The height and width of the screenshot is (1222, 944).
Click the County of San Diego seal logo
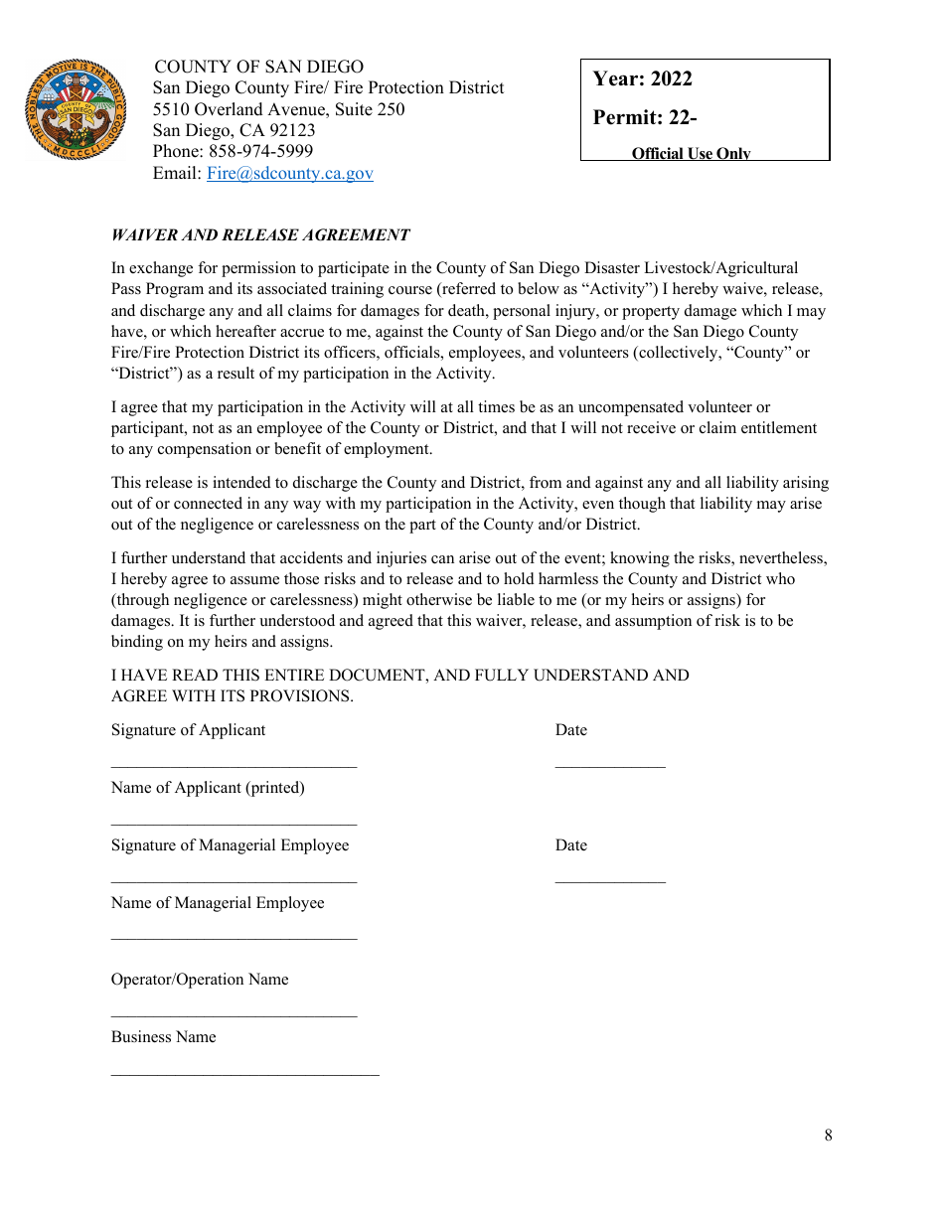point(77,109)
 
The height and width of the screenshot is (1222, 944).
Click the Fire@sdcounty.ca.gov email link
point(289,173)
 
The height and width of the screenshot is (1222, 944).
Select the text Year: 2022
point(642,79)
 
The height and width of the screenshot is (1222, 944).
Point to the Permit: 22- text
point(644,117)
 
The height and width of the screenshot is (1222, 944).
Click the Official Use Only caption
point(691,153)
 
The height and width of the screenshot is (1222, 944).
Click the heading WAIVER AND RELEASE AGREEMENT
point(260,235)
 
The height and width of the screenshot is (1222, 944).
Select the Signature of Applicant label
point(188,730)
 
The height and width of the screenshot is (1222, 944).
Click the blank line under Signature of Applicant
point(234,766)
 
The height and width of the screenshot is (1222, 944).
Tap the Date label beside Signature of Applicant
point(570,730)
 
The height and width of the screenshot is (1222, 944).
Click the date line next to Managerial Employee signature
point(609,881)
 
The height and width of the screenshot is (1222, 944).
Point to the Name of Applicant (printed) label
point(208,788)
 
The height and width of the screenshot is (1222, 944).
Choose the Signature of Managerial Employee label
point(230,845)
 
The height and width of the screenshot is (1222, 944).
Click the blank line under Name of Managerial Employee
point(234,939)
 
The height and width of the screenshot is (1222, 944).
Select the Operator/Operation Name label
point(200,980)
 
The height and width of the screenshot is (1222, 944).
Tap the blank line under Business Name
point(244,1074)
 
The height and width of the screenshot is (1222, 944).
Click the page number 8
point(828,1136)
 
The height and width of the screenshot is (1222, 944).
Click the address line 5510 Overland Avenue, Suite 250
point(278,109)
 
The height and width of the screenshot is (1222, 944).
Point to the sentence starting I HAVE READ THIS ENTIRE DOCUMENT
point(399,676)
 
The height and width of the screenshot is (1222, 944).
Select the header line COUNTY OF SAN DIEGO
point(258,67)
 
